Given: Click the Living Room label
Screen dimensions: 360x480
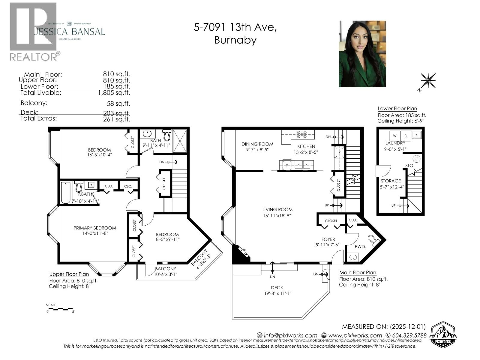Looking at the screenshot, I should coord(277,209).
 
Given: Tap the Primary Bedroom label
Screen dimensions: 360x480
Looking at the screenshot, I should coord(95,228).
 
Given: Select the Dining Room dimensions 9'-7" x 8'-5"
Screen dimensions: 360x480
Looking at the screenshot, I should coord(257,149).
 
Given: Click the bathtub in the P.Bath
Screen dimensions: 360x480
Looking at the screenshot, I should coord(66,192).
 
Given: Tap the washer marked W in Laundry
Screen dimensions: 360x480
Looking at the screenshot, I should coord(394,136).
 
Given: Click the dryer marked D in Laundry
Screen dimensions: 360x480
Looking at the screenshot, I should coord(406,136).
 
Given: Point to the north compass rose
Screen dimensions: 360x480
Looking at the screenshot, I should coord(427,81).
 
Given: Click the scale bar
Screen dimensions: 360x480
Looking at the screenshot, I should coord(60,308).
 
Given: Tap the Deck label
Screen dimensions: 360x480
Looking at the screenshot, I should coord(277,287).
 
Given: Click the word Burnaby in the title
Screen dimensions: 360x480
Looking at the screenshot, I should coord(235,40).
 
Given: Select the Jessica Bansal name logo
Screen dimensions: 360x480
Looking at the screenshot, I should coord(70,31).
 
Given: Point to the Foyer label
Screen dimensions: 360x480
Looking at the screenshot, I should coord(328,239).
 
